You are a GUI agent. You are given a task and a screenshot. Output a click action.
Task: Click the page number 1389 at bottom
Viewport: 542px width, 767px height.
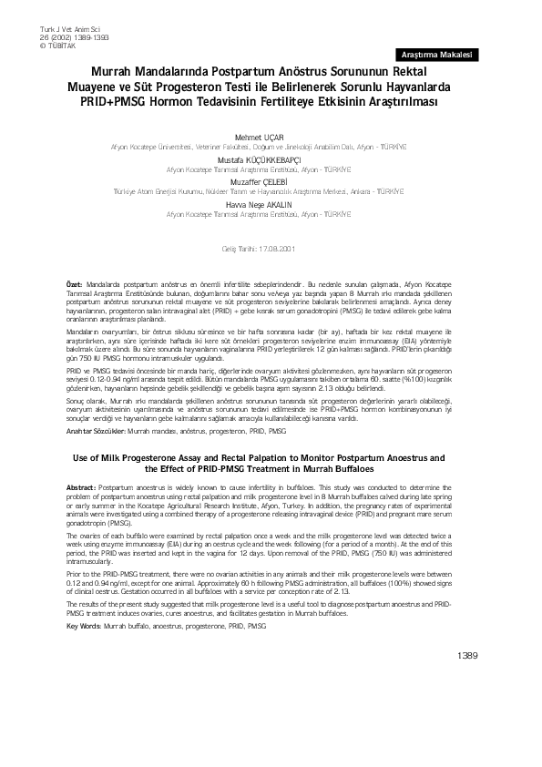click(x=466, y=706)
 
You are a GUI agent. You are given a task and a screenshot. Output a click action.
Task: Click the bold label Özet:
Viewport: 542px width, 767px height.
click(x=75, y=285)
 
